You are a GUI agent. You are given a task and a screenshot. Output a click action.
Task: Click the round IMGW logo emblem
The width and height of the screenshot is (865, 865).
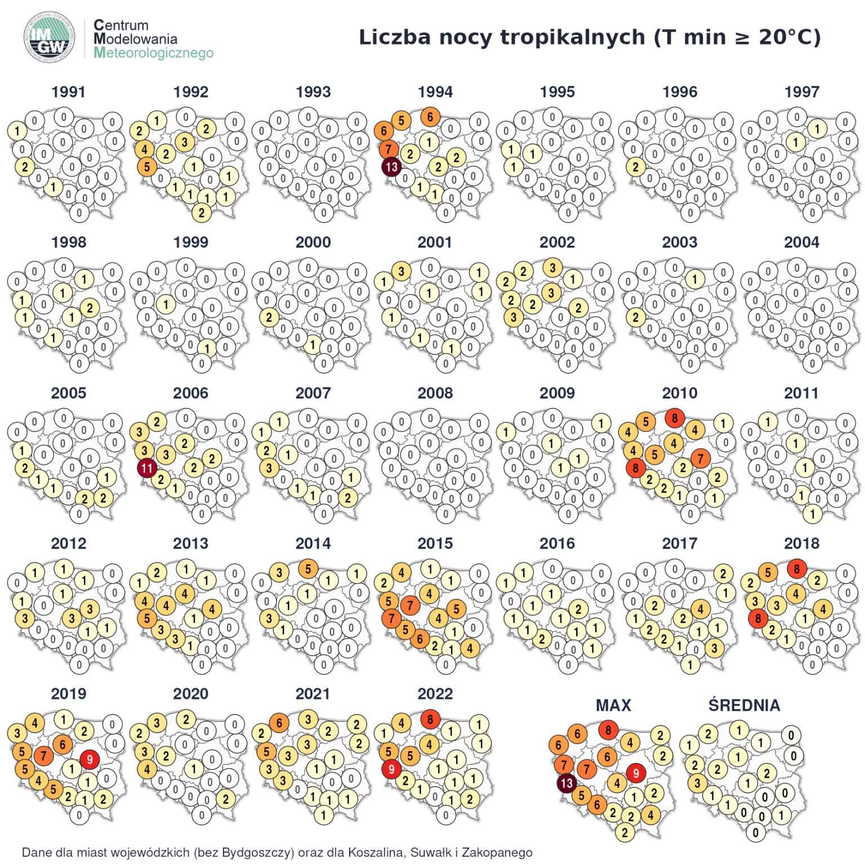click(x=49, y=38)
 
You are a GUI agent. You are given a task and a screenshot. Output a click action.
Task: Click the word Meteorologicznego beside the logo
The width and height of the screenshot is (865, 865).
click(x=153, y=53)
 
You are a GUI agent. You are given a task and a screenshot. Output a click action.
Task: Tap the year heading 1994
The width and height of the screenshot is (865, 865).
click(x=435, y=92)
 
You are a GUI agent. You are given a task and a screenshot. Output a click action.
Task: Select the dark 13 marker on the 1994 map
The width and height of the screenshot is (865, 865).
click(x=391, y=167)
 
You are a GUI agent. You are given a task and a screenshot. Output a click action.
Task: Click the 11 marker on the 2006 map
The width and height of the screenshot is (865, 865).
click(x=147, y=468)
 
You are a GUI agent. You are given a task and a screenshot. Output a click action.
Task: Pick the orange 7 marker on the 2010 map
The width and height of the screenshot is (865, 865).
click(x=701, y=458)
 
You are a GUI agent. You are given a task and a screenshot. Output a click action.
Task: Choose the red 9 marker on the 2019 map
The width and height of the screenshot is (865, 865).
click(x=90, y=760)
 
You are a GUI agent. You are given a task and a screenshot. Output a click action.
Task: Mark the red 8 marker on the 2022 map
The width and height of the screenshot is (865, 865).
click(x=430, y=719)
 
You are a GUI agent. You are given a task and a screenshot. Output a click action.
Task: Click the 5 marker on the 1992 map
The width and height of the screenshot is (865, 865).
click(x=147, y=167)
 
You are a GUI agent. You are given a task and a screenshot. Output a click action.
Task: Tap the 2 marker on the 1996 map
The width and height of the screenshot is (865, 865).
click(x=636, y=167)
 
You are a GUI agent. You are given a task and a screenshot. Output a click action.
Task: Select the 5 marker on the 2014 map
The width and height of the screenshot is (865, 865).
click(x=308, y=569)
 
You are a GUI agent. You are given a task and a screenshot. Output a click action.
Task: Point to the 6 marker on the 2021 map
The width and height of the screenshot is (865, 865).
click(x=279, y=723)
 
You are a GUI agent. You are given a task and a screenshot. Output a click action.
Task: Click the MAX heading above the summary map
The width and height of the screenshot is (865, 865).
click(x=613, y=705)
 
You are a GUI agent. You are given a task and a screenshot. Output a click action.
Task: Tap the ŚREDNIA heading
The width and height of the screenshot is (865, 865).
click(x=744, y=705)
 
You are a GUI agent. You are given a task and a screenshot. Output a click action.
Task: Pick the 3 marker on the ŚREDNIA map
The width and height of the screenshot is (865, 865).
click(x=697, y=783)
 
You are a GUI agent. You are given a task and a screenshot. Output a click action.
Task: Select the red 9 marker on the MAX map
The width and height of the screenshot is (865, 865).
click(x=636, y=773)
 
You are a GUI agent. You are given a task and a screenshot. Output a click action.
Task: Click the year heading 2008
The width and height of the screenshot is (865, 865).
click(x=435, y=393)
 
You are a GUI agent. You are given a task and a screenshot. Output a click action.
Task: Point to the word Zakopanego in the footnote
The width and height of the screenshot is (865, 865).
click(x=497, y=852)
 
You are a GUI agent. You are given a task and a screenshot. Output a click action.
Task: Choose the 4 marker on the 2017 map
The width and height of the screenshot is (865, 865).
click(x=701, y=609)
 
